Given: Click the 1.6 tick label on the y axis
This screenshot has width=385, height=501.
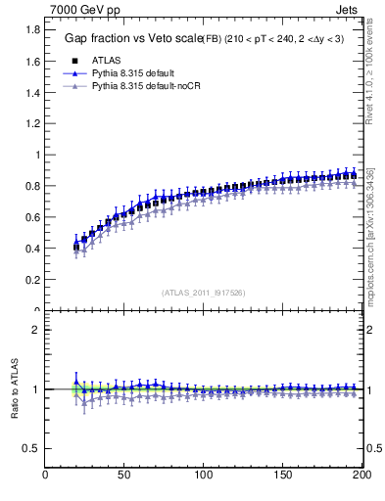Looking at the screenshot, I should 31,61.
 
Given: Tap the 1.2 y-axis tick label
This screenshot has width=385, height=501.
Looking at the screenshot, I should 31,123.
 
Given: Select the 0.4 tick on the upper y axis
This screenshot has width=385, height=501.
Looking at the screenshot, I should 31,249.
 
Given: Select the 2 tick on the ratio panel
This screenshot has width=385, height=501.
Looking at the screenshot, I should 36,330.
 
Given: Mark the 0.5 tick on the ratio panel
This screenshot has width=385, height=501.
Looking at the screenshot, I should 31,448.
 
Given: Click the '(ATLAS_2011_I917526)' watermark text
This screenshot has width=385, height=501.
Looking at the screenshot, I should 204,293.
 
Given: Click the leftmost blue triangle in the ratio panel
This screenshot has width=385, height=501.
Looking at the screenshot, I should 76,382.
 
